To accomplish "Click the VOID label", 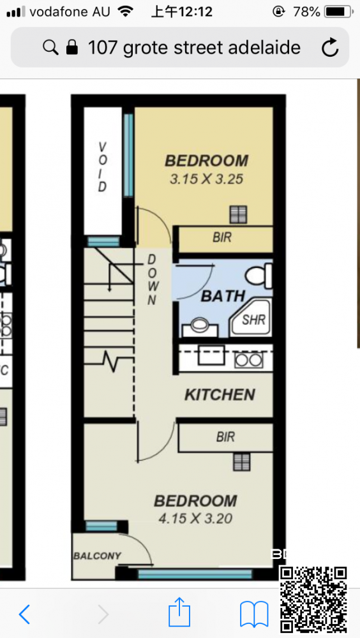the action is tap(102, 167).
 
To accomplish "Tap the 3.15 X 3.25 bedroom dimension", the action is tap(206, 179).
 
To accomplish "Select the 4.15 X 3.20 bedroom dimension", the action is tap(195, 518).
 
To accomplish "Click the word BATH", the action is tap(223, 296).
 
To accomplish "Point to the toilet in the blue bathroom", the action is tap(259, 275).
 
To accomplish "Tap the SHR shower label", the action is tap(253, 320).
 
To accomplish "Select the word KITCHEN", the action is tap(220, 394).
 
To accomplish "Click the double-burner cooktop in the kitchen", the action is tap(249, 360).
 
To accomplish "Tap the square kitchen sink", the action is tap(211, 355).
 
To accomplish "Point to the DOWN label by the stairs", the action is tap(151, 279).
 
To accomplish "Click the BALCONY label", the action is tap(97, 556).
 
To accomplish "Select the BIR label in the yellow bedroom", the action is tap(222, 237).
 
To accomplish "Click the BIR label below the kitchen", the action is tap(225, 437).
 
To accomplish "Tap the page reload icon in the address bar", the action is tap(330, 48).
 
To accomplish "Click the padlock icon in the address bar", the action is tap(71, 48).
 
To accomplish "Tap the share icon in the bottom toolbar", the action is tap(179, 612).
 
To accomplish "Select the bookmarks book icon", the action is tap(253, 614).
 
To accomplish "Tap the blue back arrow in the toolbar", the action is tap(24, 614).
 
